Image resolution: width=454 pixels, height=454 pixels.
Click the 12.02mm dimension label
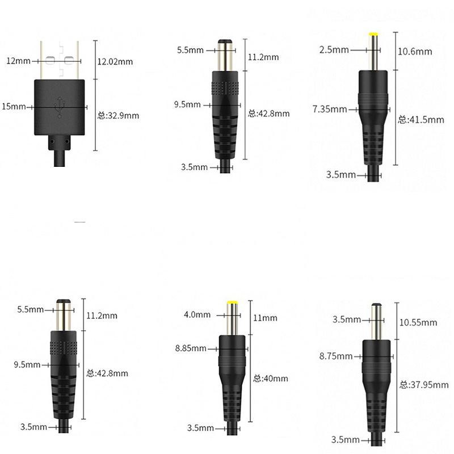click(x=116, y=61)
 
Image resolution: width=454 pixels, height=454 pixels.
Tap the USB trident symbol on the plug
click(x=60, y=107)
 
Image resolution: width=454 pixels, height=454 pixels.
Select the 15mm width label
click(x=14, y=106)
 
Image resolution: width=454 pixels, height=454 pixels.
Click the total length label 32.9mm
click(x=117, y=115)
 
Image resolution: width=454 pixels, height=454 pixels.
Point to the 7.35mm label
click(x=329, y=108)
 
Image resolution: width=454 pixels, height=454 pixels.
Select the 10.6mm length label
click(x=415, y=52)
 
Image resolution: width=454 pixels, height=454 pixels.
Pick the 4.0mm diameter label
click(x=197, y=314)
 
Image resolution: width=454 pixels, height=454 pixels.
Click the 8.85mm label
click(x=191, y=348)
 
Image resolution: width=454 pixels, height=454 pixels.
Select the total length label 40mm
click(x=271, y=379)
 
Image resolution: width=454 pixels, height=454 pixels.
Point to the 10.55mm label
click(x=418, y=322)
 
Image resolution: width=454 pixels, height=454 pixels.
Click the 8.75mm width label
click(x=335, y=356)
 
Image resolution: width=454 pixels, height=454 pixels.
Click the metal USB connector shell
click(x=60, y=60)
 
